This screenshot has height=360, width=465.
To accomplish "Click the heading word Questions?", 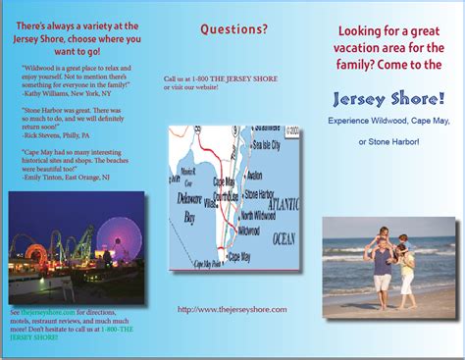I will click(233, 29).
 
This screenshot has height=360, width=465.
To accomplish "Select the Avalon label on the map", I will click(254, 176).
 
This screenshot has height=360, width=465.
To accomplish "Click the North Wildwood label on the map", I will click(260, 215).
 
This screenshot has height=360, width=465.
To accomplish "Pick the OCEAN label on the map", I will click(283, 238).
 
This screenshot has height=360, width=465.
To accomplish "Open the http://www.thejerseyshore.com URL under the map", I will click(232, 308).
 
